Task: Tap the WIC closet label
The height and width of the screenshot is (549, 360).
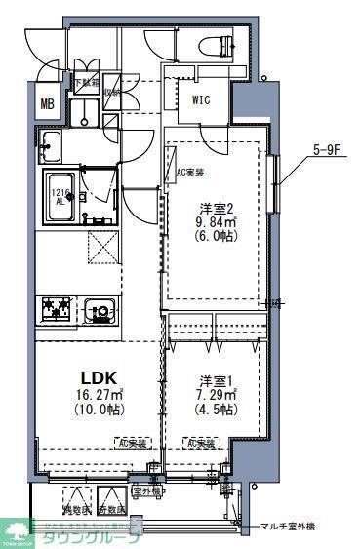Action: pos(201,98)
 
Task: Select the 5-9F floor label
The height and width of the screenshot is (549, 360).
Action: pos(326,149)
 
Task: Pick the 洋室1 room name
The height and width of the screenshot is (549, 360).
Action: pos(216,379)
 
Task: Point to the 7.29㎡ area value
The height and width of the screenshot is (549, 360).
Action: pos(216,395)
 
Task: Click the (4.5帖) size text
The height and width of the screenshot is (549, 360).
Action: pos(216,411)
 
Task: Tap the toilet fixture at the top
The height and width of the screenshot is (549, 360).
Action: pos(216,45)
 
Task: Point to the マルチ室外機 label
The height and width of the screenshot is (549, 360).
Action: pos(288,528)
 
